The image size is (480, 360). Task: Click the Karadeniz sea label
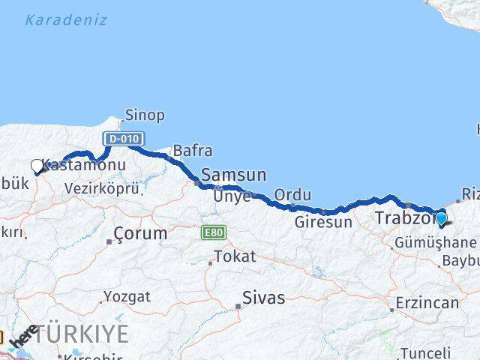pyautogui.click(x=66, y=20)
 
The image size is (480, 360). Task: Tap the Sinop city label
pyautogui.click(x=145, y=115)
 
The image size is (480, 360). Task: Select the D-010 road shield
pyautogui.click(x=120, y=139)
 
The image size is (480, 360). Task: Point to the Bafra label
pyautogui.click(x=193, y=151)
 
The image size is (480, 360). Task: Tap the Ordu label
pyautogui.click(x=292, y=195)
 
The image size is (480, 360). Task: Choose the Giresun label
pyautogui.click(x=322, y=222)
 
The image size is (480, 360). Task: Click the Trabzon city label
pyautogui.click(x=403, y=219)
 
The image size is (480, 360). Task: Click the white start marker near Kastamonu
pyautogui.click(x=37, y=166)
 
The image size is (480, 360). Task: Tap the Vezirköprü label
pyautogui.click(x=102, y=189)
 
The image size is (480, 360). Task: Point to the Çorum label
pyautogui.click(x=141, y=233)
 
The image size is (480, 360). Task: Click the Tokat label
pyautogui.click(x=235, y=256)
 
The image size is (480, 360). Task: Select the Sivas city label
pyautogui.click(x=262, y=298)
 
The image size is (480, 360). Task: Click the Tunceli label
pyautogui.click(x=425, y=352)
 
